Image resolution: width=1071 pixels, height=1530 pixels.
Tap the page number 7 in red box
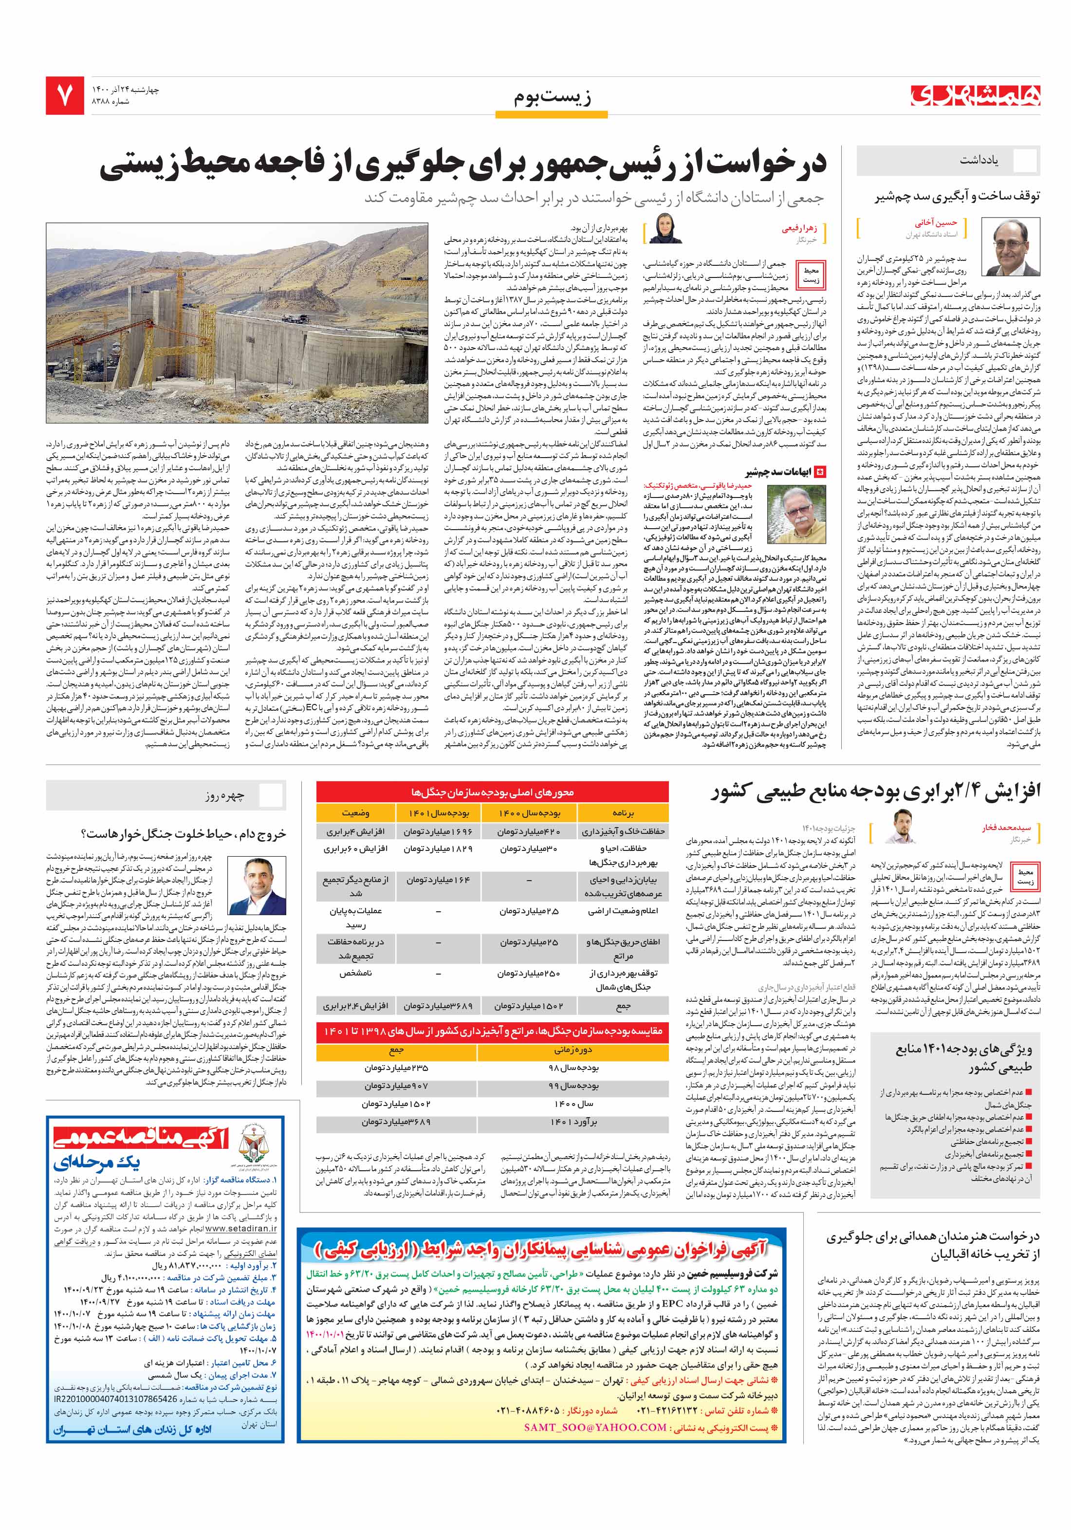65,96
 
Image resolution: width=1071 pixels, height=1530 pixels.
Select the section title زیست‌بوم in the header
552,97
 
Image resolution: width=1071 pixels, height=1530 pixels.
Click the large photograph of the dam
237,323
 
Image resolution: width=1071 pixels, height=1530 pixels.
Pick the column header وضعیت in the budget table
356,813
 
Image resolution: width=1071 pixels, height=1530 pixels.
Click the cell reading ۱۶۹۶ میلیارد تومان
438,831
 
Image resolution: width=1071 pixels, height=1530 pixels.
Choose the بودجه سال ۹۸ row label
573,1067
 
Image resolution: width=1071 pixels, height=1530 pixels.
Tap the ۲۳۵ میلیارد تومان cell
397,1067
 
